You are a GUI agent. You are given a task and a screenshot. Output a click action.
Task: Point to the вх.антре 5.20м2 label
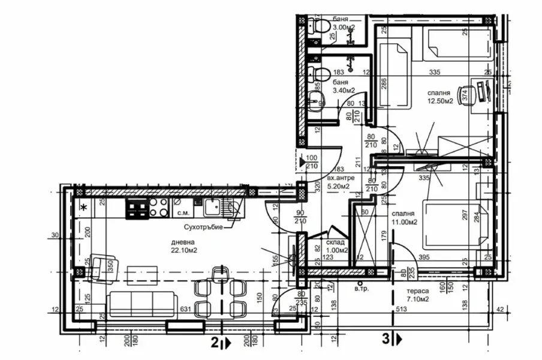coord(341,182)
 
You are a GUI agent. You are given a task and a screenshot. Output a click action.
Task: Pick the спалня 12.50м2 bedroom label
coord(442,97)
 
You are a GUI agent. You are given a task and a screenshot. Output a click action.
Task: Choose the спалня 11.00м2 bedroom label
coord(405,217)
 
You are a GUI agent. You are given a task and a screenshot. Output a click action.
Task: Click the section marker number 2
coord(214,343)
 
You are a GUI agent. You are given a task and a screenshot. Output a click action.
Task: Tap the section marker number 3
coord(386,340)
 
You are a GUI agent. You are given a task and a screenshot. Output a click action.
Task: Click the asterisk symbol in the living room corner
coord(83,208)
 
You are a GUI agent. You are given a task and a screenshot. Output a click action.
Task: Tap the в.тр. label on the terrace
coord(360,289)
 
